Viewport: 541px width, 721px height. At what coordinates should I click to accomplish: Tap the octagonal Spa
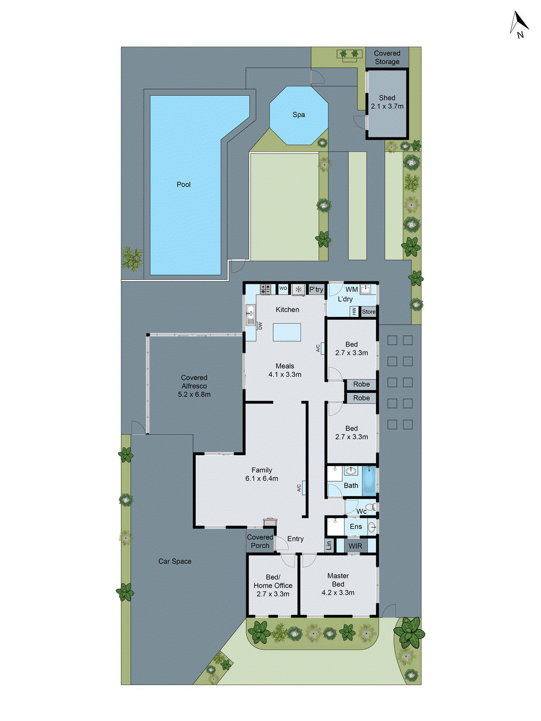298,115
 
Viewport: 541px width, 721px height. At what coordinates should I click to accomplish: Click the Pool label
183,184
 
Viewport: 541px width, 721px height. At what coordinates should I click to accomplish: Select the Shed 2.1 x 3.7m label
387,102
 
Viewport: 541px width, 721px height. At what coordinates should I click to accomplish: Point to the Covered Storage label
387,57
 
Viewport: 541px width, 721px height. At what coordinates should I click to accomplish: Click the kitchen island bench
287,332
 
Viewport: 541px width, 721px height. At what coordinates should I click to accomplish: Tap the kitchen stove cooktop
265,289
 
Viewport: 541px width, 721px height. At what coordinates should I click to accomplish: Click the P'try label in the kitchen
316,289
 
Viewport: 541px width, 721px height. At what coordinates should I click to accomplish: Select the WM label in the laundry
352,289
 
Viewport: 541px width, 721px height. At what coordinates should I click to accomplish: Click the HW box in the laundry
354,311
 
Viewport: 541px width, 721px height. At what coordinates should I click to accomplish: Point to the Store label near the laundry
368,311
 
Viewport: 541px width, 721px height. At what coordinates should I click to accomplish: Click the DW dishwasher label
260,325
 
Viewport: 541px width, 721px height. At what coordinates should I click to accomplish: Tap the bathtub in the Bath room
369,481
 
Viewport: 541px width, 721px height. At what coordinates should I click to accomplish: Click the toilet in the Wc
371,508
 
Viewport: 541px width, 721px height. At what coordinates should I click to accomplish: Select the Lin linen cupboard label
329,545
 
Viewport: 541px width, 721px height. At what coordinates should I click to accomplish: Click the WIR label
355,546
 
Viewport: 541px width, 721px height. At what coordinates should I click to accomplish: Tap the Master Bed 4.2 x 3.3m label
338,584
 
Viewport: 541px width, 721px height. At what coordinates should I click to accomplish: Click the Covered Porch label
260,541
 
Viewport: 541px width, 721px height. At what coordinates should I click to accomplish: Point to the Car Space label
174,561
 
